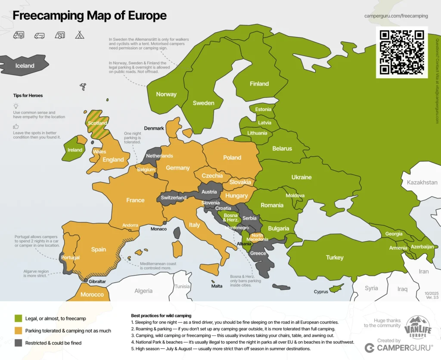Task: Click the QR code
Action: [402, 52]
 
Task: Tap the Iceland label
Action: [25, 66]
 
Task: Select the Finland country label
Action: [259, 84]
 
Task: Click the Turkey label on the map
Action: [335, 258]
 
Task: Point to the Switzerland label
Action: [174, 198]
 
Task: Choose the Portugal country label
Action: [70, 258]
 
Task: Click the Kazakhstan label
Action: [422, 183]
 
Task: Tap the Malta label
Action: [217, 286]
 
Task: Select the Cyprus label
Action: [321, 292]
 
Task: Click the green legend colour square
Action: [18, 318]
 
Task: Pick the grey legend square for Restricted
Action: [18, 343]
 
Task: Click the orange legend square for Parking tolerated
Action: [18, 331]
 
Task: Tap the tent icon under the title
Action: [79, 35]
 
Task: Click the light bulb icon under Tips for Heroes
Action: [16, 106]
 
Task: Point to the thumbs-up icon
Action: [16, 127]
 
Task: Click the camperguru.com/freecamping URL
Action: [396, 16]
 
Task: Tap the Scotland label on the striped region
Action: [97, 123]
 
